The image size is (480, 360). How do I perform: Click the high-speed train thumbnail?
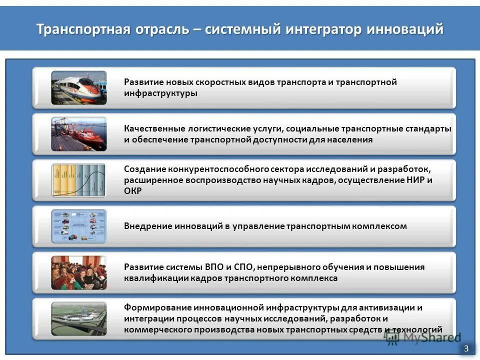pos(79,87)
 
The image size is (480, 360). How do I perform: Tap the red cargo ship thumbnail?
pos(79,134)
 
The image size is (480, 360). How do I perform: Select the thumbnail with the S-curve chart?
pos(79,180)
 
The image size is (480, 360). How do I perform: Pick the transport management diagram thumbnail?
pos(79,226)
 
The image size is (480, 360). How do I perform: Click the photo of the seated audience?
pos(79,272)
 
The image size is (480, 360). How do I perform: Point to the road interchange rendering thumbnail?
pos(79,318)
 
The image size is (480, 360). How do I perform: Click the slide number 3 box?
pos(466,348)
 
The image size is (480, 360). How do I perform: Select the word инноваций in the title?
pos(405,29)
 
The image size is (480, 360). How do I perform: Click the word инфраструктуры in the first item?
pos(160,93)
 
